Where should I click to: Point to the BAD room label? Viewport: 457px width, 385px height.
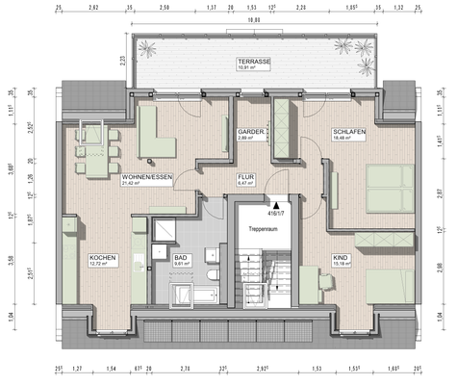tap(180, 259)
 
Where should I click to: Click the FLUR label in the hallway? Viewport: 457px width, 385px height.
tap(245, 178)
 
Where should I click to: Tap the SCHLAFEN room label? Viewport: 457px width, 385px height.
tap(347, 131)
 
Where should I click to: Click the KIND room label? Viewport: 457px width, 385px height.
tap(340, 258)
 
